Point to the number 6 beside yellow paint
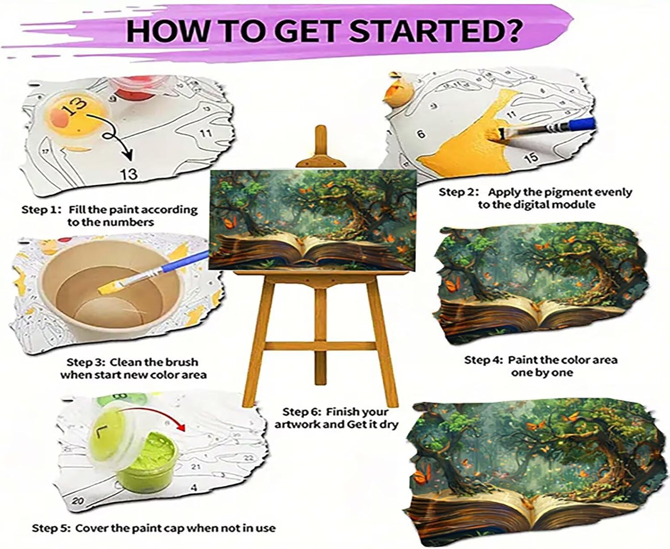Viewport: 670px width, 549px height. pos(421,134)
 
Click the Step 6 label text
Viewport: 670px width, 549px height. pos(336,418)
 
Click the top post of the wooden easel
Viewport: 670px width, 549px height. pos(321,145)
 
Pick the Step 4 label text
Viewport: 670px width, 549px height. pos(541,366)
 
